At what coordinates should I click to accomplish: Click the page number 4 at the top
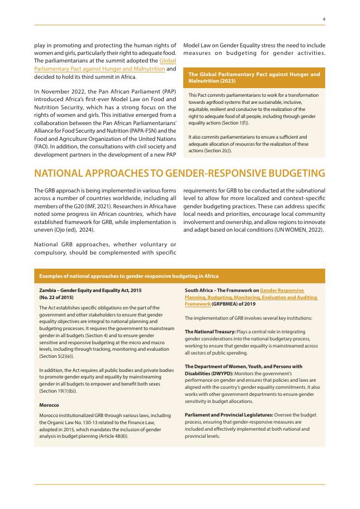coord(324,19)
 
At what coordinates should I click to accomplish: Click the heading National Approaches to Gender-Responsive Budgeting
coord(179,173)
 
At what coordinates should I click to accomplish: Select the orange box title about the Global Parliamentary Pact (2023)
coord(254,77)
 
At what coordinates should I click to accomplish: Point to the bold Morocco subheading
coord(49,406)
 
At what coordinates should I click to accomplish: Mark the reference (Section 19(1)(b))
coord(60,391)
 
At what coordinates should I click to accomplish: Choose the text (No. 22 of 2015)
coord(57,297)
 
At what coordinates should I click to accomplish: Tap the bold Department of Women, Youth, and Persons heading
coord(244,367)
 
